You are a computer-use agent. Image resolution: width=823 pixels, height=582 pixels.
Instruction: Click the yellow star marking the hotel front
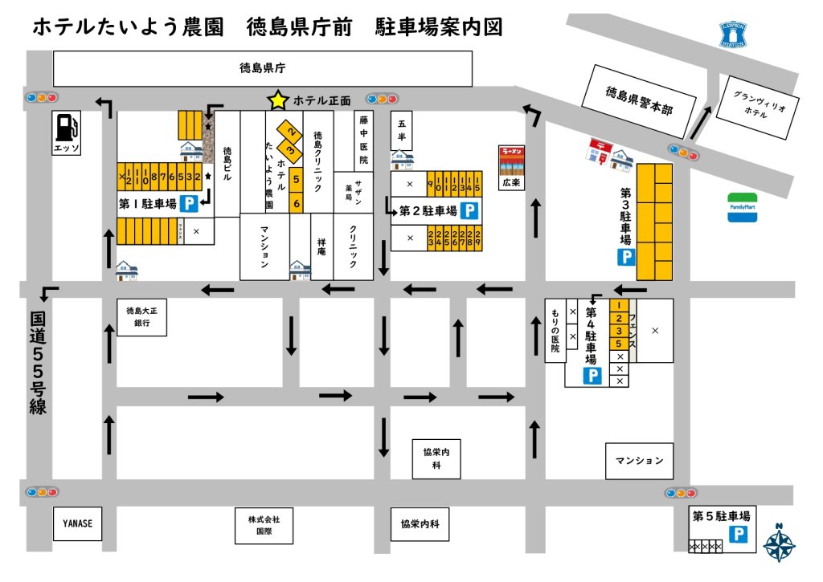[278, 100]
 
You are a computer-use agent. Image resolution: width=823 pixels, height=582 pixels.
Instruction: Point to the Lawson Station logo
[733, 34]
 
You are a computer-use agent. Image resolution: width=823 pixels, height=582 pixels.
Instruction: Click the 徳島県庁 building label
[263, 68]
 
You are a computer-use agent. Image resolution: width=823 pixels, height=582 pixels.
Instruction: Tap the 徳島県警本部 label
[640, 100]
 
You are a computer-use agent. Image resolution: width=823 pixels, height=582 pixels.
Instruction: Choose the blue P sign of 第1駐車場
[190, 204]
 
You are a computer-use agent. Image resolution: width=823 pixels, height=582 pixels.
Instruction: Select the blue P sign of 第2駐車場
[471, 212]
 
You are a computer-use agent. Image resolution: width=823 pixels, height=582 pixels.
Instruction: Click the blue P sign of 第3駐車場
[626, 258]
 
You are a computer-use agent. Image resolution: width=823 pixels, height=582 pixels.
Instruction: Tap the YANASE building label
[78, 523]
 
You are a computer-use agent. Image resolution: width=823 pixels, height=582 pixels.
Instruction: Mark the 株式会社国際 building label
[264, 525]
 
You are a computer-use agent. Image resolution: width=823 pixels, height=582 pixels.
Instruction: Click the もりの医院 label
[555, 330]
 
